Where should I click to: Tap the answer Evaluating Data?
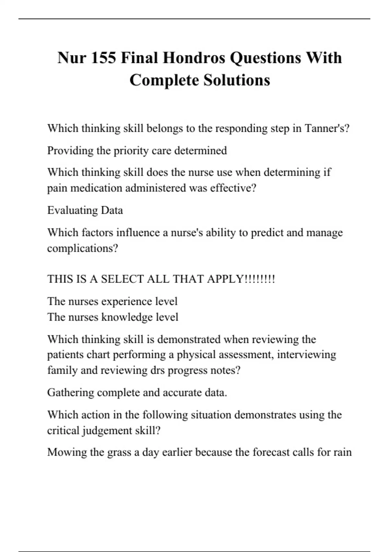pyautogui.click(x=85, y=210)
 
